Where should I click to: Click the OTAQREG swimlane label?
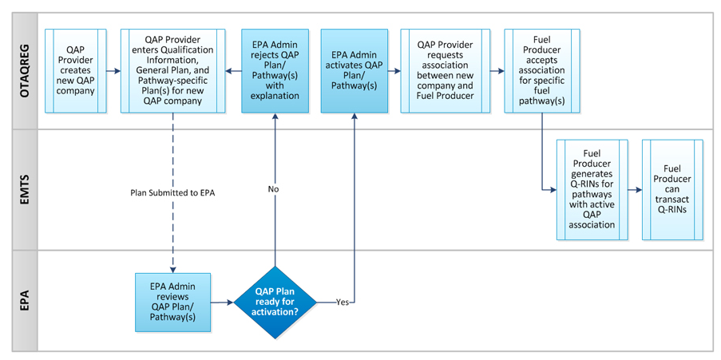[x=24, y=70]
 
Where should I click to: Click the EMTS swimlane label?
[x=24, y=190]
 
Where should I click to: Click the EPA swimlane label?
[x=24, y=300]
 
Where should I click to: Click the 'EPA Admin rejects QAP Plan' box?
[x=275, y=70]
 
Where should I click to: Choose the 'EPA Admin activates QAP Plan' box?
[x=354, y=70]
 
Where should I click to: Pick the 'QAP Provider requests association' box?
[x=445, y=70]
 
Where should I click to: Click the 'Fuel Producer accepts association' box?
[x=542, y=70]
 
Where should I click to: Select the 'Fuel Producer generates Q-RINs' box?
[x=592, y=190]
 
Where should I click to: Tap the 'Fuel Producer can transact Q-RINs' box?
[x=672, y=190]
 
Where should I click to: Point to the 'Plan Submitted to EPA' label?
[x=172, y=193]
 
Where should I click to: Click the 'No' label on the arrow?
[x=275, y=189]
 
